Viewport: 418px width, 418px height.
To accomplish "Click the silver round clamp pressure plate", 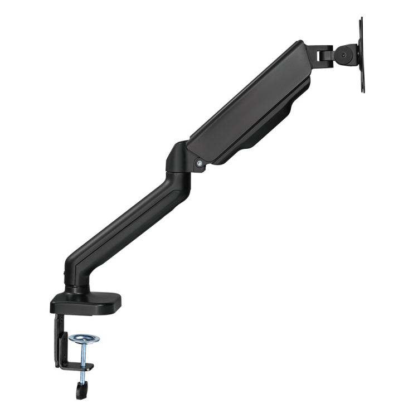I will pyautogui.click(x=85, y=338).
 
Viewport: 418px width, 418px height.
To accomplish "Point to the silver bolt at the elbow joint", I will pyautogui.click(x=199, y=163).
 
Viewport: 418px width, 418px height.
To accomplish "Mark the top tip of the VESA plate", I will pyautogui.click(x=361, y=20).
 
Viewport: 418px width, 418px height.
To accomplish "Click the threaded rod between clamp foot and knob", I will pyautogui.click(x=82, y=377).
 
